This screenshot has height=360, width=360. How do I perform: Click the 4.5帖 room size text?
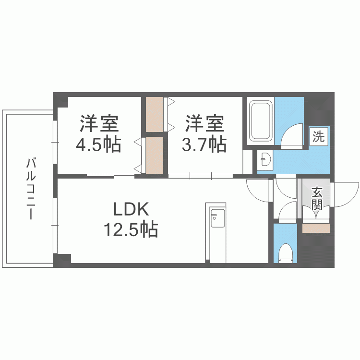99,144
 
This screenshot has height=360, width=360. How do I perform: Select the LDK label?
132,210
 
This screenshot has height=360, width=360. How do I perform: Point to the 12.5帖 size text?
131,230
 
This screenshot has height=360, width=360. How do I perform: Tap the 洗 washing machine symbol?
318,136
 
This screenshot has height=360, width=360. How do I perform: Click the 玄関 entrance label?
316,199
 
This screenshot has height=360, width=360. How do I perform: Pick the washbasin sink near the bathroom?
264,158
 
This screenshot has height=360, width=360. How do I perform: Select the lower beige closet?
155,155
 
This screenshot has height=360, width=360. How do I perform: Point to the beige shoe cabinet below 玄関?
316,228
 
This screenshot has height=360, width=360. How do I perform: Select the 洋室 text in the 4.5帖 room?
99,124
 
